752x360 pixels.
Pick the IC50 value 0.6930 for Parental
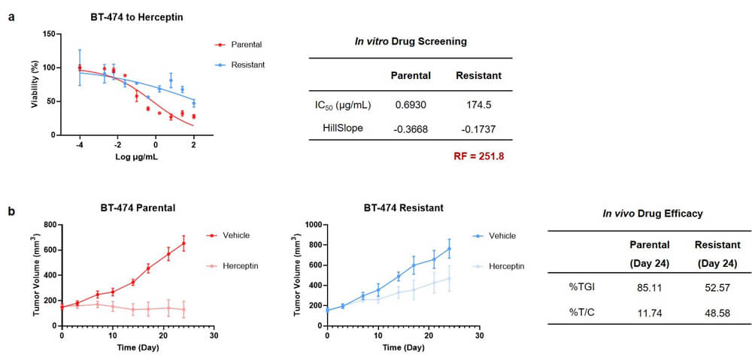[x=411, y=102]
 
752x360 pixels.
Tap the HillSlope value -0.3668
[x=411, y=128]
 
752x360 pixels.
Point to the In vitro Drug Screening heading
[x=411, y=41]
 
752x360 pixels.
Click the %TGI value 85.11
[x=647, y=286]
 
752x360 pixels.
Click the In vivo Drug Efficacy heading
[x=653, y=213]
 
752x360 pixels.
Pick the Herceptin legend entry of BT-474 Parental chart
[x=246, y=266]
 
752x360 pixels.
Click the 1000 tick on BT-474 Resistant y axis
[x=311, y=225]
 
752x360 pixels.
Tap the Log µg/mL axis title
[x=136, y=159]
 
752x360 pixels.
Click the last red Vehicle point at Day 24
[x=183, y=243]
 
